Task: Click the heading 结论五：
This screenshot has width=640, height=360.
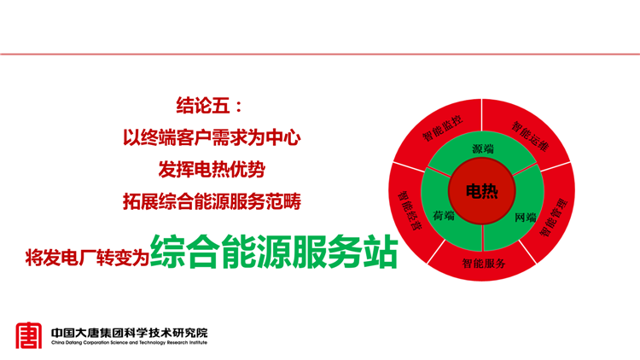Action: (x=209, y=105)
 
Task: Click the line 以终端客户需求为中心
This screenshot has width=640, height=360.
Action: (x=212, y=137)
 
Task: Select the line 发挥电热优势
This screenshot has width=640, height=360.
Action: (x=212, y=169)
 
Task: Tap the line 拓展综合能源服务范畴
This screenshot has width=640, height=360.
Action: (x=212, y=201)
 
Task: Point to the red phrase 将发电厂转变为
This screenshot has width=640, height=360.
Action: (x=87, y=257)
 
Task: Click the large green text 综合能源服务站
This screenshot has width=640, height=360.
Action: (x=274, y=252)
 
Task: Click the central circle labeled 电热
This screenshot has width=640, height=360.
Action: (x=482, y=191)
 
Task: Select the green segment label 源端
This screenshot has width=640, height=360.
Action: (x=483, y=149)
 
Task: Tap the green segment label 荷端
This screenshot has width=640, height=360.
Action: (x=444, y=215)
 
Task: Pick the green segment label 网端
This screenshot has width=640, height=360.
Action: (x=526, y=218)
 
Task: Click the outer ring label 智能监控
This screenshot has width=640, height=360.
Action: (x=442, y=129)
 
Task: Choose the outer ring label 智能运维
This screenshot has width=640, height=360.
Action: (x=530, y=136)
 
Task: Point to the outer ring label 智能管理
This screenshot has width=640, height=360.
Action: (x=554, y=218)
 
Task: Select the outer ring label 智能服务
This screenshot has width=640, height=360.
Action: (x=484, y=264)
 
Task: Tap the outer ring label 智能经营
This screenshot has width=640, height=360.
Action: (x=409, y=211)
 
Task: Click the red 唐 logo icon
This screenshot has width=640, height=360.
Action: (x=28, y=335)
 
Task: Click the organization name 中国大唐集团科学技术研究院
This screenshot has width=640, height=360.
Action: (x=130, y=333)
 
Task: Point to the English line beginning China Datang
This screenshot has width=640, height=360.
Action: (x=130, y=342)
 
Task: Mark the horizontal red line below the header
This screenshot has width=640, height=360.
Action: (x=320, y=54)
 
